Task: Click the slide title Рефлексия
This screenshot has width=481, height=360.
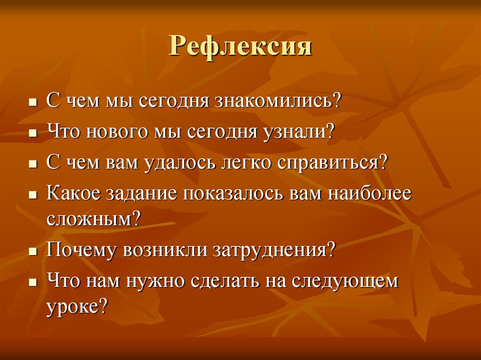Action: pos(240,46)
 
